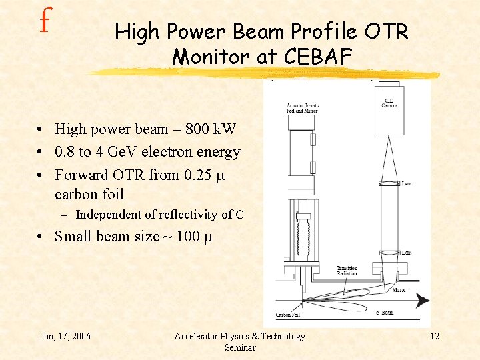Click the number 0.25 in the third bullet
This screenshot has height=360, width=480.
coord(195,175)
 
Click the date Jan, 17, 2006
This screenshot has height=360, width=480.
coord(66,335)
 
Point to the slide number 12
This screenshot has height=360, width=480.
coord(434,335)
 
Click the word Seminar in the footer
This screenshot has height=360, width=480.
coord(239,347)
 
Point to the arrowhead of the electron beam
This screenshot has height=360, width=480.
coord(423,301)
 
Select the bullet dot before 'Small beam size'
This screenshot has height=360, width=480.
coord(41,237)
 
